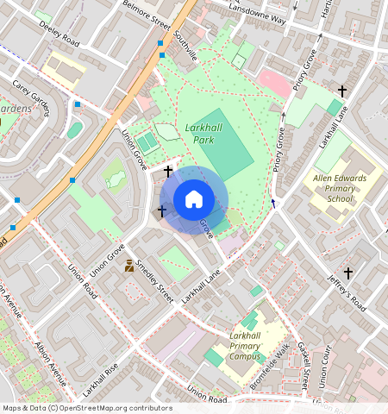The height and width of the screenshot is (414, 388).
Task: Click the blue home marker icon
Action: coord(194,200)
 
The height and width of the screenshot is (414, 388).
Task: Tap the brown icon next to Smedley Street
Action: coord(129,266)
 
